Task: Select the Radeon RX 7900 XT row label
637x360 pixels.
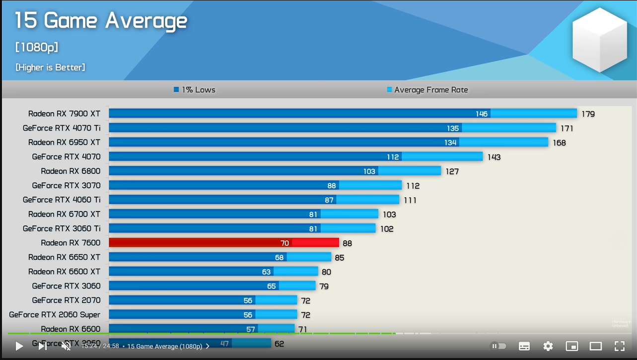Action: [64, 114]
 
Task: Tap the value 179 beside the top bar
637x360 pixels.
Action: [588, 114]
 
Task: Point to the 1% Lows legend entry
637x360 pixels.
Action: [195, 90]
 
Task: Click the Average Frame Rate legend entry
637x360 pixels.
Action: [427, 90]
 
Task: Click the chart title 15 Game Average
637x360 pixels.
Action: [101, 21]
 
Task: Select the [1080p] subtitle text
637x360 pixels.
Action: [37, 47]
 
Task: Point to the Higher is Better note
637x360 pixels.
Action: [50, 67]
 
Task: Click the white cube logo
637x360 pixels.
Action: [600, 40]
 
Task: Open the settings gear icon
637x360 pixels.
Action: [548, 346]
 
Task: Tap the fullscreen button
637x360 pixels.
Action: [619, 346]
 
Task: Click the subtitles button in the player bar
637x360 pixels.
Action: [524, 346]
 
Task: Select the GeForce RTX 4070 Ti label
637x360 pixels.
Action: [62, 128]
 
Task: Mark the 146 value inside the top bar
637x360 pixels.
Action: [482, 114]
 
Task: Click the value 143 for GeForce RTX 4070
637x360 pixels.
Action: [494, 157]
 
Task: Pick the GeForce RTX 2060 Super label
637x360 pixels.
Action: [55, 315]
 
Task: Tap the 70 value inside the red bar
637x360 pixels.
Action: [284, 243]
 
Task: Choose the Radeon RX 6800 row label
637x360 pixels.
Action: [71, 171]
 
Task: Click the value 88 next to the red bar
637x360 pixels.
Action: [347, 244]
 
